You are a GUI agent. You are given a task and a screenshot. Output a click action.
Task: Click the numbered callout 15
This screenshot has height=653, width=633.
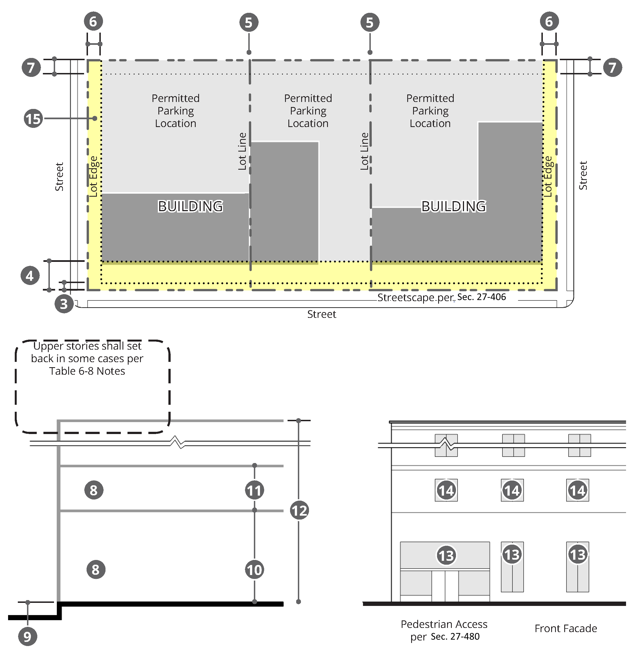pos(33,119)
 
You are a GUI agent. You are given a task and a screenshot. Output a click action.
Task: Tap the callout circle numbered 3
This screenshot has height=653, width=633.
pos(64,303)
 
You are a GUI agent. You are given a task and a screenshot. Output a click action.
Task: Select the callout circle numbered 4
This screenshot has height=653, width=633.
pos(30,276)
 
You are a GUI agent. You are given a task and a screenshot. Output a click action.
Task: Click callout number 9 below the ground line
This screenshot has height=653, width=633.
pos(27,636)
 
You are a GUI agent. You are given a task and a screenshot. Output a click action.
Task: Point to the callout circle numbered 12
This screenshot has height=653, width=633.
pos(299,510)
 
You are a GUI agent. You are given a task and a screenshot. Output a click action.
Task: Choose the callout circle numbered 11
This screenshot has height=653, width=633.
pos(255,490)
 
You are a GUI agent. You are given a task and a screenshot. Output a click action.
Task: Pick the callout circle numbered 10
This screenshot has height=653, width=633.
pos(255,570)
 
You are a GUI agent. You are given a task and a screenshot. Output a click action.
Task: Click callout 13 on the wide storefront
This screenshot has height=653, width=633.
pos(446,555)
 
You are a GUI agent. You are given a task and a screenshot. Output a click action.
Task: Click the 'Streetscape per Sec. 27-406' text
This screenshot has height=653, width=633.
pos(441,297)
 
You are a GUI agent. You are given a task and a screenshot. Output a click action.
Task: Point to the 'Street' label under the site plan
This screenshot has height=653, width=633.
pos(322,314)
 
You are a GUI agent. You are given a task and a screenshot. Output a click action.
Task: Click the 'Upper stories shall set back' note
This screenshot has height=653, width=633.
pos(87,359)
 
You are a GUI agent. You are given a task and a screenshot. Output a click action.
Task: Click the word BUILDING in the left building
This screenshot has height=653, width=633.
pos(190,206)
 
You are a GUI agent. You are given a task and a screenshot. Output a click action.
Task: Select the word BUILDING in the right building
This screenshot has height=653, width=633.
pos(454,206)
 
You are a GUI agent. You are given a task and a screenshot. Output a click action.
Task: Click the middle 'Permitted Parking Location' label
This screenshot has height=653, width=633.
pos(308,111)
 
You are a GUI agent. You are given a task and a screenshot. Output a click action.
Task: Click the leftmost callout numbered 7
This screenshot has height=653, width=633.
pos(31,67)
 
